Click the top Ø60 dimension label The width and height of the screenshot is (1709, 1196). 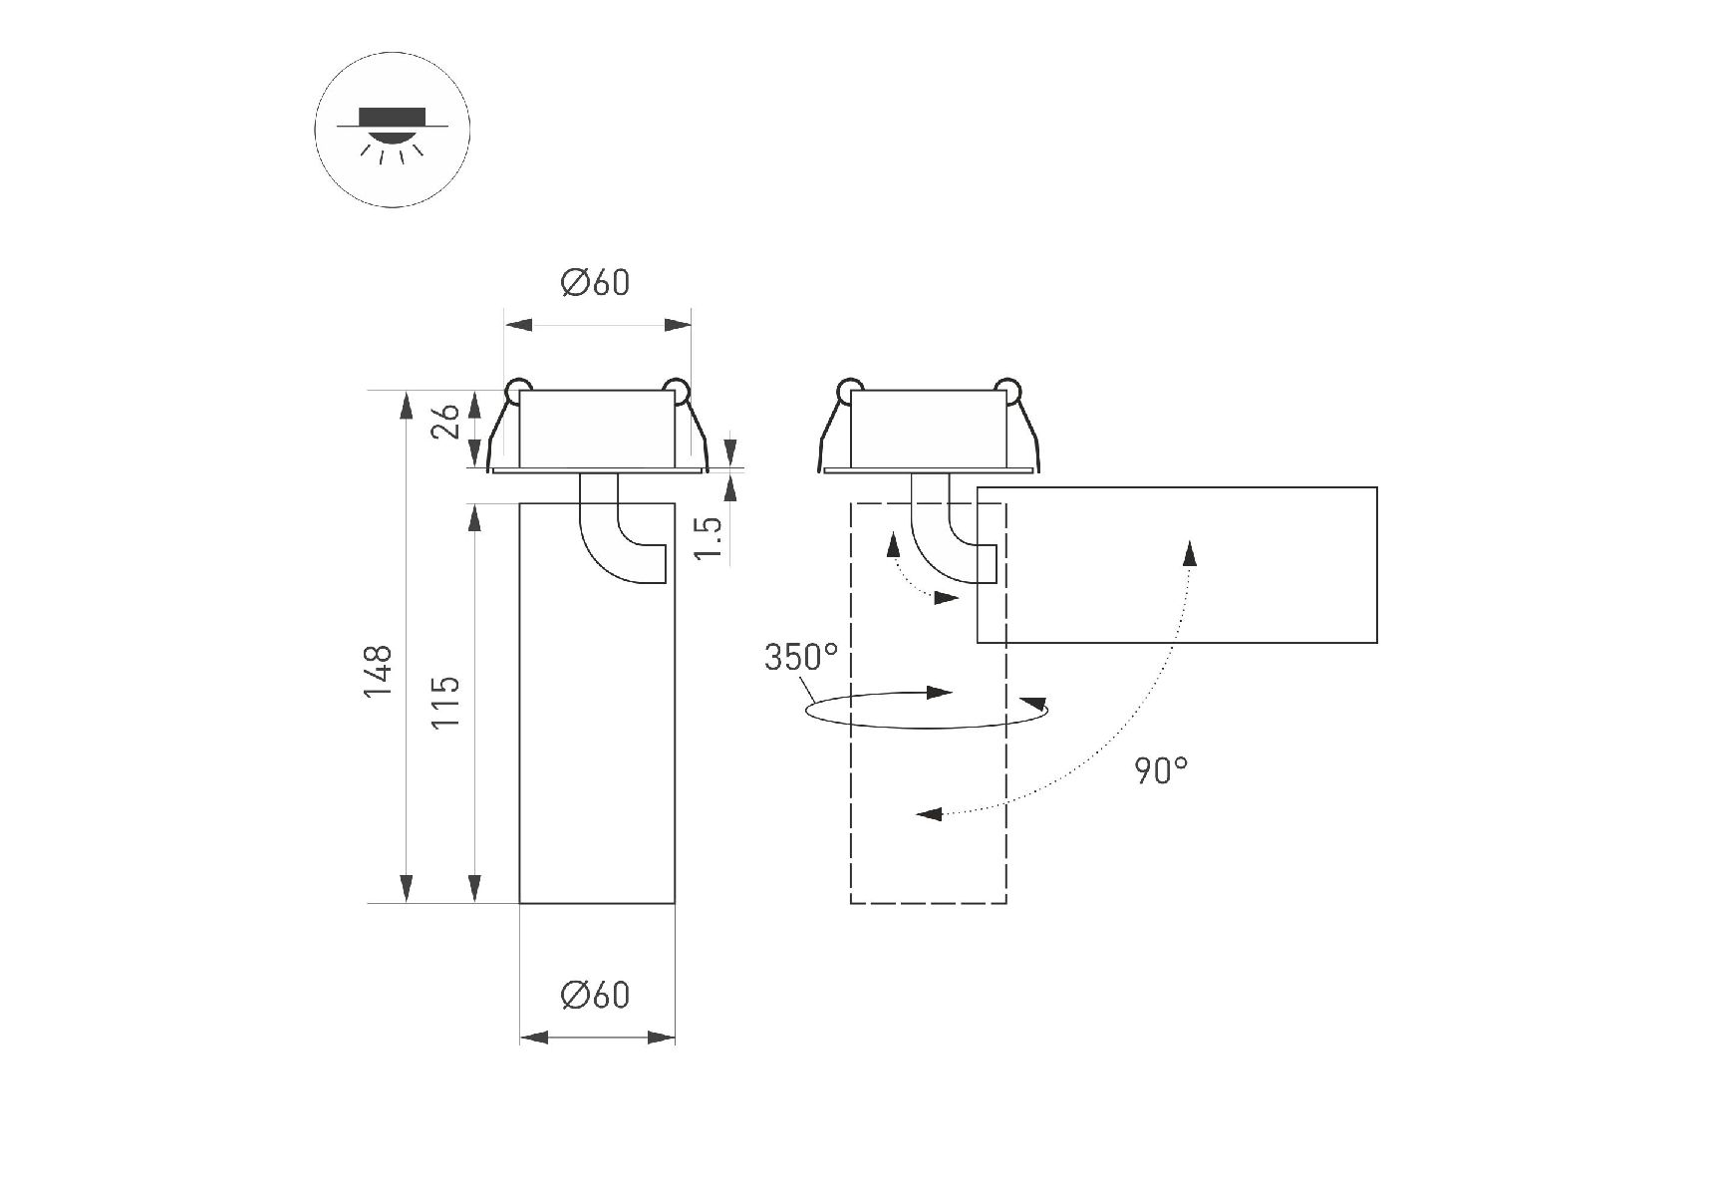coord(596,283)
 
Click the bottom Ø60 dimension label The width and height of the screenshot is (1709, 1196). coord(596,995)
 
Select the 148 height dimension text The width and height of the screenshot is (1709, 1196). coord(378,670)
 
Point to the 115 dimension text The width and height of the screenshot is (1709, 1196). coord(445,701)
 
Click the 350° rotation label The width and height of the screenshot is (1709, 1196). coord(801,658)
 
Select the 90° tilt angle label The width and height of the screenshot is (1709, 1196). coord(1161,769)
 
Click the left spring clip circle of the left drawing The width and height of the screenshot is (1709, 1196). coord(517,390)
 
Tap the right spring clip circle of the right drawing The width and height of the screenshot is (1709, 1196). coord(1007,390)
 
